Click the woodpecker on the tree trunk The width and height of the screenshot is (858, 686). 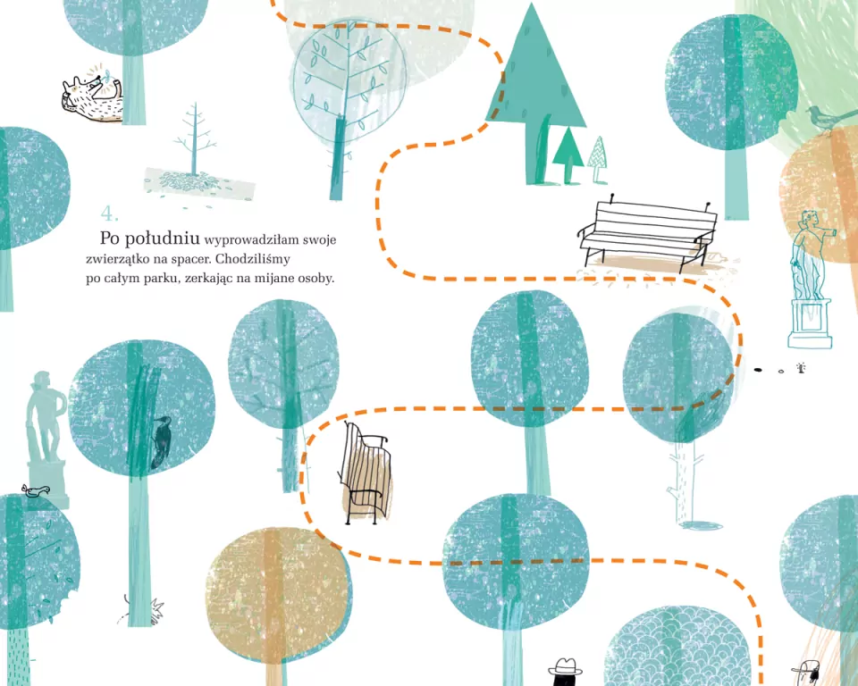[x=161, y=442]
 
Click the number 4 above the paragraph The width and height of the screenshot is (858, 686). [x=109, y=213]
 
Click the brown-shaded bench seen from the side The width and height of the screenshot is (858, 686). [x=365, y=473]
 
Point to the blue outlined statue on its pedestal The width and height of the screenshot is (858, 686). [x=811, y=279]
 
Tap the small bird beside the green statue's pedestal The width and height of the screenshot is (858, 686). [x=36, y=490]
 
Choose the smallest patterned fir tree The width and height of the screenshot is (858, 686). [x=598, y=159]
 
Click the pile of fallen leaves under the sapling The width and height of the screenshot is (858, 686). [x=199, y=183]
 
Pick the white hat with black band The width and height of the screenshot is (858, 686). [x=566, y=667]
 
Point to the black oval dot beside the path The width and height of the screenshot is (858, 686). [x=759, y=370]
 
